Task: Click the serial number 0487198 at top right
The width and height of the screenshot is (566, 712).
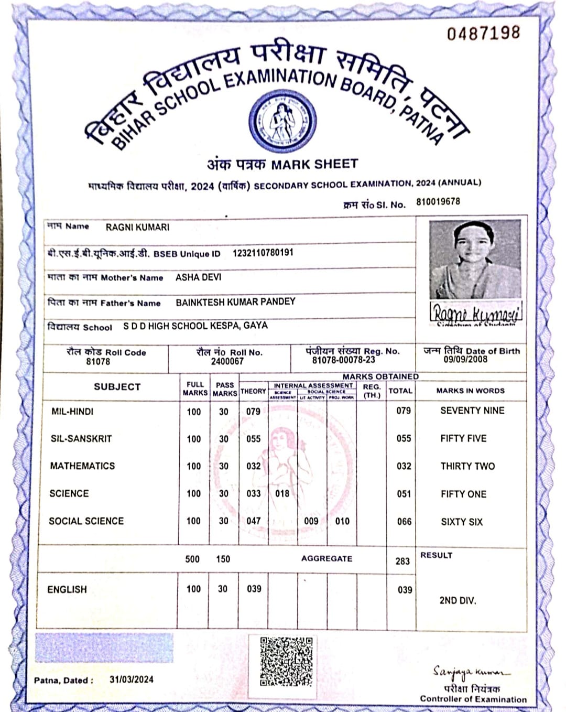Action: click(x=483, y=33)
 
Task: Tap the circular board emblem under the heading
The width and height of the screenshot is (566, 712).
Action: click(x=282, y=121)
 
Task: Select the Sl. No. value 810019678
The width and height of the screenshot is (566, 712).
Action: click(x=438, y=202)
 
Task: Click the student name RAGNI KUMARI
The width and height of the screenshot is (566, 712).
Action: click(x=137, y=227)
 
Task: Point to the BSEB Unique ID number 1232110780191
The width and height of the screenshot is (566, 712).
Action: click(x=263, y=253)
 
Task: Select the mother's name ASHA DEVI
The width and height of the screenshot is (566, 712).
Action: click(x=198, y=277)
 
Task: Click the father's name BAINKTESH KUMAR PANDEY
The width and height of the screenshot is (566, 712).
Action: click(x=235, y=301)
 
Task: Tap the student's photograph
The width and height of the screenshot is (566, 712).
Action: click(x=475, y=259)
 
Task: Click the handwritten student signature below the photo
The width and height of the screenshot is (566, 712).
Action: click(x=476, y=314)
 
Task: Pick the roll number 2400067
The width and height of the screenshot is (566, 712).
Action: click(x=227, y=361)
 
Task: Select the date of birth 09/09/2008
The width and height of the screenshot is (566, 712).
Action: click(x=465, y=360)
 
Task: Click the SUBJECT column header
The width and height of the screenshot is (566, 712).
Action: click(x=117, y=387)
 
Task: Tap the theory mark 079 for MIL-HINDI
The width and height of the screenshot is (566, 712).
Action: click(x=253, y=412)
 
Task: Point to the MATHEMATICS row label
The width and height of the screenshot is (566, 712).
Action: click(x=82, y=466)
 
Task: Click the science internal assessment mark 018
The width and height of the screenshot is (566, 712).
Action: click(x=282, y=493)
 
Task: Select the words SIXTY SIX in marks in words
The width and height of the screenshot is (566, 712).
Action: click(x=462, y=522)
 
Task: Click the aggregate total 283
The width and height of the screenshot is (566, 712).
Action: click(x=402, y=561)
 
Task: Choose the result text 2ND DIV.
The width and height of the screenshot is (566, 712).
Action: click(x=458, y=600)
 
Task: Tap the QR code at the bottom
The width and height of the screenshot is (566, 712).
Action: click(x=286, y=661)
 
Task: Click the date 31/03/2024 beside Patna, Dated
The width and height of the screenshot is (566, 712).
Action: click(x=132, y=679)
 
